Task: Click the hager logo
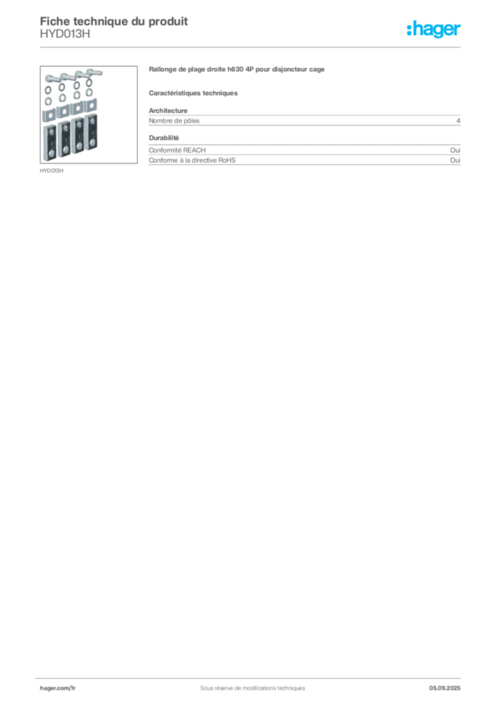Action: pos(434,29)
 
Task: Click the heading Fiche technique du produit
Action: pos(114,21)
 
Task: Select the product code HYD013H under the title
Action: pos(65,34)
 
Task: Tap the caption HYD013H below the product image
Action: pos(51,171)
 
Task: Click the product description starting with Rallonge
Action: pos(236,69)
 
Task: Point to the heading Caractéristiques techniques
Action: pos(193,93)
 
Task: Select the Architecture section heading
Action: pos(168,110)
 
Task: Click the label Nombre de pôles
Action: pos(174,121)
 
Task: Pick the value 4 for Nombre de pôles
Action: pos(458,121)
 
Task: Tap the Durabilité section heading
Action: pos(164,138)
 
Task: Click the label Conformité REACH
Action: pos(177,150)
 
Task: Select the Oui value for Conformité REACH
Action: pos(455,150)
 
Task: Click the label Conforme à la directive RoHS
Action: pos(192,160)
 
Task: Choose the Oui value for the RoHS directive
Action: pos(455,160)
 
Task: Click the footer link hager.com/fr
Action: pos(58,688)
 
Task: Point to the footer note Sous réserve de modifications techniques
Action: pos(253,688)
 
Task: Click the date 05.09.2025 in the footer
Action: pos(445,688)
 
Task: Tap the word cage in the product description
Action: pos(317,70)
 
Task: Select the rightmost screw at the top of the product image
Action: pos(95,72)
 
